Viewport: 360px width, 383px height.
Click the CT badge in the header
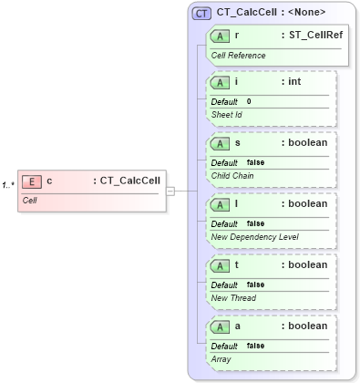tap(202, 13)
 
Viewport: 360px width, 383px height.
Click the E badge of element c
tap(31, 181)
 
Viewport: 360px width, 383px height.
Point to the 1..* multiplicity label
tap(8, 186)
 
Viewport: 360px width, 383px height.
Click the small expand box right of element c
tap(170, 191)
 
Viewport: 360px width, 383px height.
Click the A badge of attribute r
tap(220, 36)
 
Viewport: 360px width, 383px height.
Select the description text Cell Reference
tap(239, 56)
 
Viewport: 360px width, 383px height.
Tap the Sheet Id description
tap(227, 115)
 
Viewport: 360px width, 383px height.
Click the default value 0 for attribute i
tap(249, 101)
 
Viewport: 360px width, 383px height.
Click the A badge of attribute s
tap(220, 142)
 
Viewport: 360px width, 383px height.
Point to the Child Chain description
tap(233, 176)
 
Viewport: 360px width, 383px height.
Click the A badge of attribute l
tap(220, 203)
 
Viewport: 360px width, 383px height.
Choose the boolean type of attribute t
tap(304, 264)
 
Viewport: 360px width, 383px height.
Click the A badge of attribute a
tap(220, 326)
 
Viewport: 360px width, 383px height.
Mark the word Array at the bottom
tap(222, 359)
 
